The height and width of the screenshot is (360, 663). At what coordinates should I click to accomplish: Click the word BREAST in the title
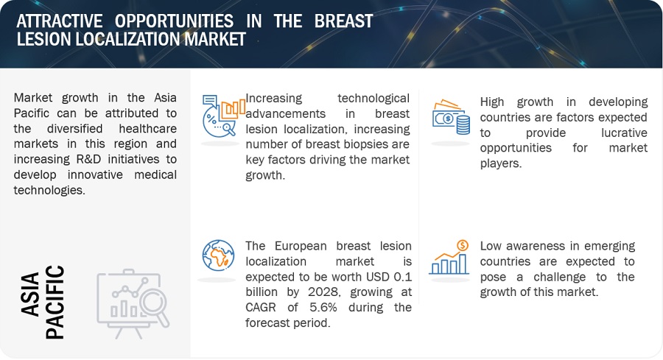(x=343, y=21)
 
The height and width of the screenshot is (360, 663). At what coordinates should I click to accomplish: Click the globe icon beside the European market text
(x=218, y=255)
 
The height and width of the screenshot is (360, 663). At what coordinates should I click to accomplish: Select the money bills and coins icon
(x=451, y=117)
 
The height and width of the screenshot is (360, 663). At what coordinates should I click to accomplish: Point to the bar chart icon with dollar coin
(x=449, y=258)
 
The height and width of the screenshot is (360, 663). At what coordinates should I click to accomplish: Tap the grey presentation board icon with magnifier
(x=133, y=304)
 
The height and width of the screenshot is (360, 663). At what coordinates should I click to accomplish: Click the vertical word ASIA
(x=30, y=294)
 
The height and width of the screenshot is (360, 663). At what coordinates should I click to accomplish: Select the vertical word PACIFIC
(x=55, y=302)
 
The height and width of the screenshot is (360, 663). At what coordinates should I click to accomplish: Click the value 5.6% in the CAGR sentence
(x=323, y=307)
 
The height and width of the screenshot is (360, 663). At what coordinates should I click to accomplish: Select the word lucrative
(x=624, y=133)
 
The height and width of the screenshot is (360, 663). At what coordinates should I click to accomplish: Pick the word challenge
(x=559, y=278)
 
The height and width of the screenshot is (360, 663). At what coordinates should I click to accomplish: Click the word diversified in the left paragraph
(x=75, y=128)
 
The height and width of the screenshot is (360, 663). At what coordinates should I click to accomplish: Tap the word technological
(x=373, y=99)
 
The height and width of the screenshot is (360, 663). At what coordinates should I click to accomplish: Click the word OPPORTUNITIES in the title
(x=174, y=21)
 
